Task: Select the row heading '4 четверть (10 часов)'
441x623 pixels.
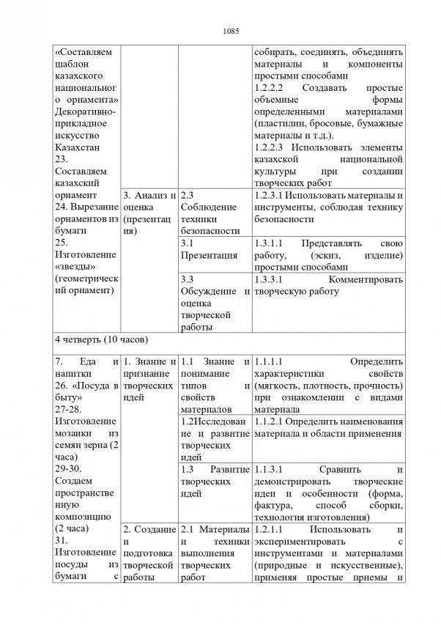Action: [102, 340]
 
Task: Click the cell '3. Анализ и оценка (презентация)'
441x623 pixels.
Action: [149, 213]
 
